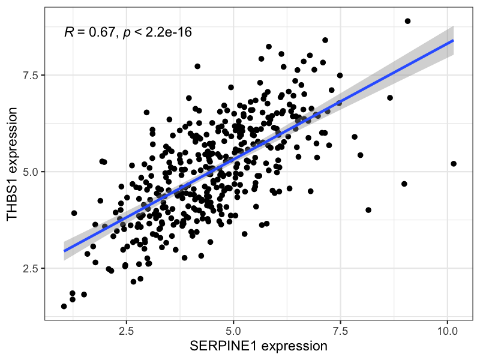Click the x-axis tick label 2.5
click(x=127, y=331)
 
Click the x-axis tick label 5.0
click(x=233, y=331)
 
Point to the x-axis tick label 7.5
click(x=340, y=331)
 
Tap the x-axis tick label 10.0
click(x=447, y=331)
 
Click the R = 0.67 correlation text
click(x=90, y=32)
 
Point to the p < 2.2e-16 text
click(x=157, y=32)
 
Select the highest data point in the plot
click(x=407, y=21)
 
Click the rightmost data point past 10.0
click(x=454, y=164)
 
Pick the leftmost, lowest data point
click(x=64, y=307)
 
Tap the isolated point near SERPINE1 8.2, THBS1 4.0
click(x=368, y=210)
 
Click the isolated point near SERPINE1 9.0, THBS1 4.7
click(x=404, y=184)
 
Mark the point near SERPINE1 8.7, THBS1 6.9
click(x=390, y=98)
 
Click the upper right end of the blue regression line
click(x=453, y=40)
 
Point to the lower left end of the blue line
click(x=64, y=250)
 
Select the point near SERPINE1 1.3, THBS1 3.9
click(x=74, y=213)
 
